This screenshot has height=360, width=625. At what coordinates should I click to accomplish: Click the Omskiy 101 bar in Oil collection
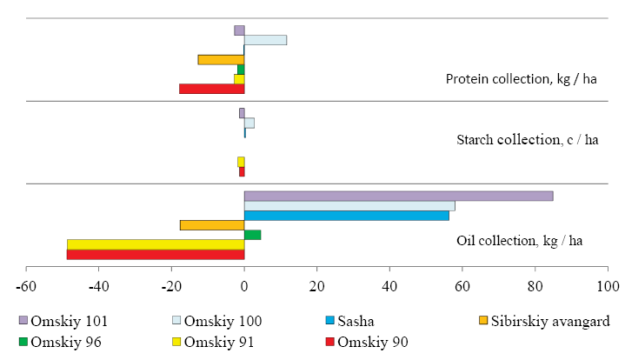(x=398, y=196)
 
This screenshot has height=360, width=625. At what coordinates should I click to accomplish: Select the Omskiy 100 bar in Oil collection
(x=349, y=206)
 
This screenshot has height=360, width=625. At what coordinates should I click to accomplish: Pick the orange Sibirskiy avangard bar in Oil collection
(x=212, y=225)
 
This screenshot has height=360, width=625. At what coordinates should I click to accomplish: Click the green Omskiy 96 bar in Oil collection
(x=252, y=235)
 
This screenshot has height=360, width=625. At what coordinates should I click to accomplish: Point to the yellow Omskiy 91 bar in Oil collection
(x=156, y=244)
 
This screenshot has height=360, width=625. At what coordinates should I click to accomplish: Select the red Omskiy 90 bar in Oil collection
(x=156, y=254)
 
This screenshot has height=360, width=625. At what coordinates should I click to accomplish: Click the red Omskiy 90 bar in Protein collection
(x=211, y=89)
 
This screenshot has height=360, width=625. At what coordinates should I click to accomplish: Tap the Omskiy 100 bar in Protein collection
(x=265, y=40)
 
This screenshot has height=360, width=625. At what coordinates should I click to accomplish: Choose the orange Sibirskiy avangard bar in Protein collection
(x=221, y=59)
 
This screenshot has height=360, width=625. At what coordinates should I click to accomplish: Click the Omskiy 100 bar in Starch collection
(x=249, y=123)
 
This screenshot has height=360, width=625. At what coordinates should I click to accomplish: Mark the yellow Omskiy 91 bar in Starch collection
(x=241, y=162)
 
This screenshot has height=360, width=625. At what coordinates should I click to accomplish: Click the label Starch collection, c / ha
(x=528, y=140)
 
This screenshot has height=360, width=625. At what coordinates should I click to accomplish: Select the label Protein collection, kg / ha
(x=521, y=79)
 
